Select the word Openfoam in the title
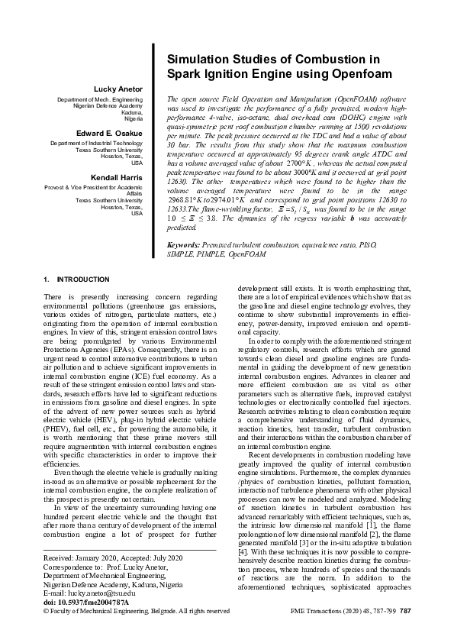coord(359,74)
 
